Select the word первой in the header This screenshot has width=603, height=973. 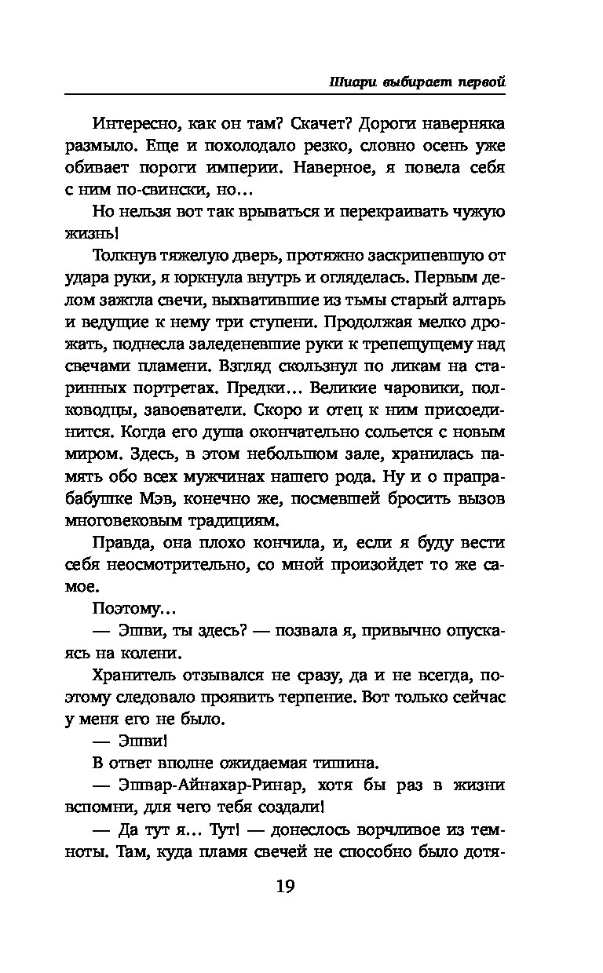click(x=476, y=82)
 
